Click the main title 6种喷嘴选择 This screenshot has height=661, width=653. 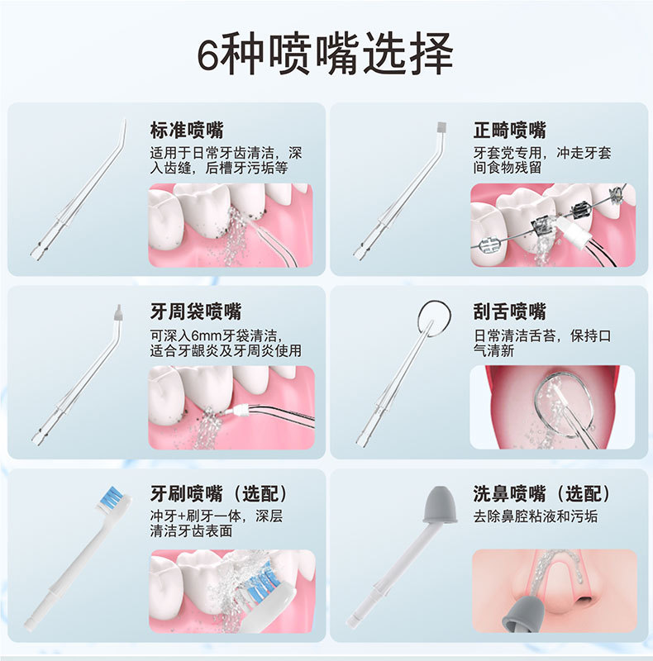(x=326, y=55)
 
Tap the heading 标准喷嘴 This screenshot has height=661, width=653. (x=187, y=130)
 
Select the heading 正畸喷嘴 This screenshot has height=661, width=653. (x=509, y=130)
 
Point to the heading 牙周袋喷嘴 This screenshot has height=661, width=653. (x=196, y=311)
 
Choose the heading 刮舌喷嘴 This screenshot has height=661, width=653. (x=509, y=311)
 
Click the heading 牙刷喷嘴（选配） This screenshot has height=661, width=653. (x=219, y=494)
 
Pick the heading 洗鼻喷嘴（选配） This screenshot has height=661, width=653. (x=541, y=494)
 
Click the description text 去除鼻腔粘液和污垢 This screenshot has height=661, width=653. (x=535, y=516)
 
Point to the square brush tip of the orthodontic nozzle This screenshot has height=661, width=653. (x=441, y=129)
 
